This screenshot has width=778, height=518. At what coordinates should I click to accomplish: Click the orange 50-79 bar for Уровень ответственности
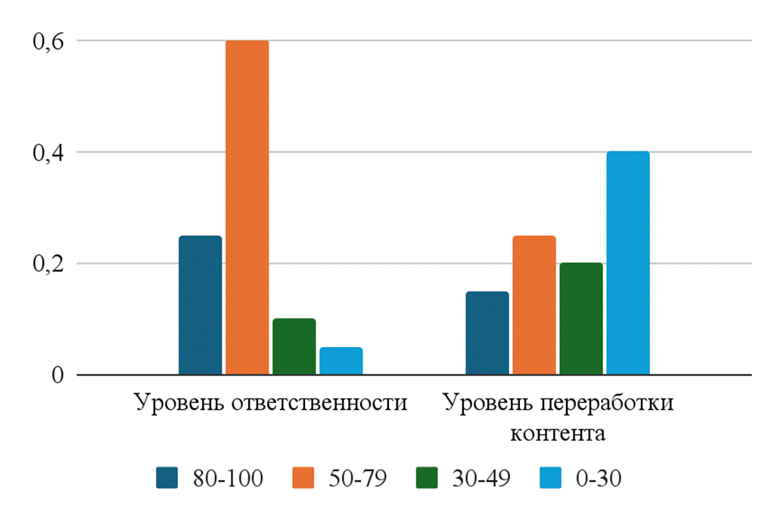click(x=247, y=208)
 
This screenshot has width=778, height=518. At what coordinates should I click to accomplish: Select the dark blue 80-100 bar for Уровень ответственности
click(x=201, y=306)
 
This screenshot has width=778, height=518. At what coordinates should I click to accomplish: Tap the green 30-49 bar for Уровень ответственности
click(x=294, y=347)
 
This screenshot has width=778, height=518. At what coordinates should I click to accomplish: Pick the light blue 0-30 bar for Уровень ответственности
click(x=341, y=361)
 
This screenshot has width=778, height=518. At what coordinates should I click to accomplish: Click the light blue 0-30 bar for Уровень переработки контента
click(x=627, y=263)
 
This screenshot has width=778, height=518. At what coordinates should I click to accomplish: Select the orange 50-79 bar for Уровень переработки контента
click(x=534, y=306)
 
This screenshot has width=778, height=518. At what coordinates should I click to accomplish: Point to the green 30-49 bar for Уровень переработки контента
click(x=580, y=319)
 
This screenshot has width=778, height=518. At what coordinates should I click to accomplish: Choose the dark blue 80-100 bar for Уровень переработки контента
click(x=487, y=333)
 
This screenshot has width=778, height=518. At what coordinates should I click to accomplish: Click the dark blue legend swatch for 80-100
click(x=167, y=478)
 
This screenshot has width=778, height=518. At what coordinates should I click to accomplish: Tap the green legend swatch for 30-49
click(x=429, y=478)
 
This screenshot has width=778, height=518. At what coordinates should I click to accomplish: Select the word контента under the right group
click(x=558, y=434)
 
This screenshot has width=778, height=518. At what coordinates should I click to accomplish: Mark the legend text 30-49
click(x=481, y=478)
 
